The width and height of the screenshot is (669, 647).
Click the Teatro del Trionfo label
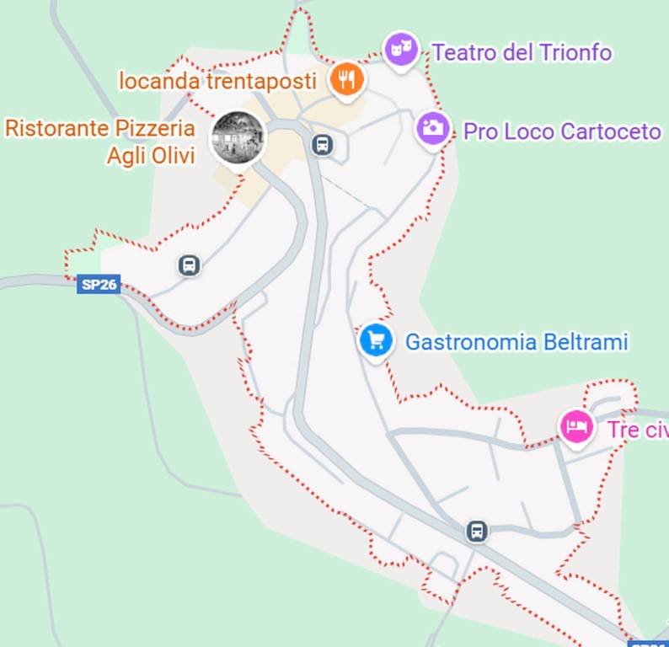(522, 52)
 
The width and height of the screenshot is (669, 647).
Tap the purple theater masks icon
(401, 48)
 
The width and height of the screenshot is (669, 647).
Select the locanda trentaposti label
(218, 82)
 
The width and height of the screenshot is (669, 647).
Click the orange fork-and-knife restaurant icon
(345, 79)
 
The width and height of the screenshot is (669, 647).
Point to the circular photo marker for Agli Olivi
(238, 138)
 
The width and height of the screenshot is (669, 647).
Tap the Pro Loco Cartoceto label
(562, 131)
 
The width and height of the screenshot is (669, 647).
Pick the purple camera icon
(433, 128)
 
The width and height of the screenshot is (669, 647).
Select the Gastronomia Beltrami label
(516, 342)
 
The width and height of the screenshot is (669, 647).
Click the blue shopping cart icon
(376, 340)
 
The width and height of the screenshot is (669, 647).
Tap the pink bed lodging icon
(576, 425)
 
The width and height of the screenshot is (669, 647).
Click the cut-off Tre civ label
(637, 430)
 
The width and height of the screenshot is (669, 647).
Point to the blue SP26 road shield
(99, 284)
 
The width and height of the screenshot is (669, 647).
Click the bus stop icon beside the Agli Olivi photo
(322, 145)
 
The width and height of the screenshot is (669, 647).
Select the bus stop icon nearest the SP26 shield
(190, 266)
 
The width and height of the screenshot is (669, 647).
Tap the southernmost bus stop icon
(477, 532)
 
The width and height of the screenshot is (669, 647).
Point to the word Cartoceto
(610, 131)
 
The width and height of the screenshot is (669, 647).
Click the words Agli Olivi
(151, 156)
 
